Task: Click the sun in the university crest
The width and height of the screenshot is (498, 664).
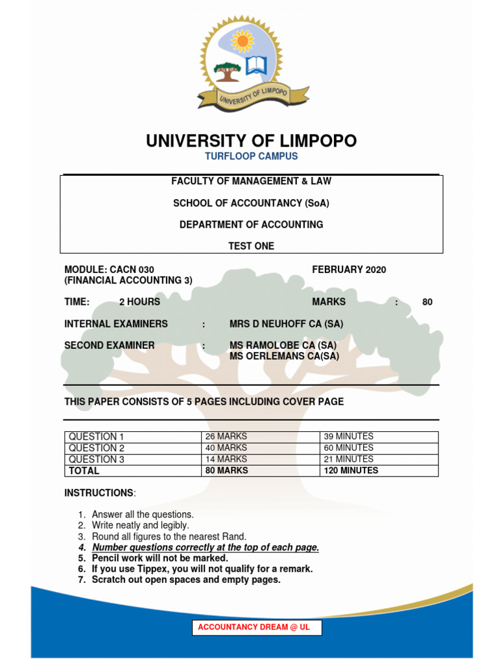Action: click(243, 41)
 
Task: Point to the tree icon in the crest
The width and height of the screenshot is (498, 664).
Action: click(227, 70)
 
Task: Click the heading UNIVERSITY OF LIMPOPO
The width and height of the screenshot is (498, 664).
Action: click(251, 141)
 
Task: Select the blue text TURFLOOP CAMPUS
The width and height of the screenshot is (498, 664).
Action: click(251, 156)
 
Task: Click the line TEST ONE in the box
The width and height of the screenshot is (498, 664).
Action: click(251, 246)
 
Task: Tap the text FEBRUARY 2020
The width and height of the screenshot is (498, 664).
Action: click(349, 270)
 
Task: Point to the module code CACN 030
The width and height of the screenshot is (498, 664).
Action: click(132, 270)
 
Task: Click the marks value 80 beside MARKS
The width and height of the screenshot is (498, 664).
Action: click(427, 302)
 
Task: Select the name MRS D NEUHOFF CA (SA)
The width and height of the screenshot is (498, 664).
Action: click(286, 324)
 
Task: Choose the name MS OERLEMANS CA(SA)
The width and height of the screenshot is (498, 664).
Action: click(284, 356)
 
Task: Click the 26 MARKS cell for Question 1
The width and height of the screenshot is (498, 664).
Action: click(226, 436)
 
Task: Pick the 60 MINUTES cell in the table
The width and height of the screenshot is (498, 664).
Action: click(348, 447)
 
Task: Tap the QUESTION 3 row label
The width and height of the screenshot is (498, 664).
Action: click(97, 459)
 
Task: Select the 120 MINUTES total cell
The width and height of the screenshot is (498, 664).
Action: click(351, 471)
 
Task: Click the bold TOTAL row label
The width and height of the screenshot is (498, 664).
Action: click(84, 471)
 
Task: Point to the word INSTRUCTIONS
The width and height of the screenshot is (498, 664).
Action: click(98, 493)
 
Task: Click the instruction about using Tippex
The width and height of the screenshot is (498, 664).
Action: click(202, 569)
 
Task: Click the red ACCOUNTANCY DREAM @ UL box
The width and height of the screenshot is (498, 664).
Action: click(256, 628)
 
